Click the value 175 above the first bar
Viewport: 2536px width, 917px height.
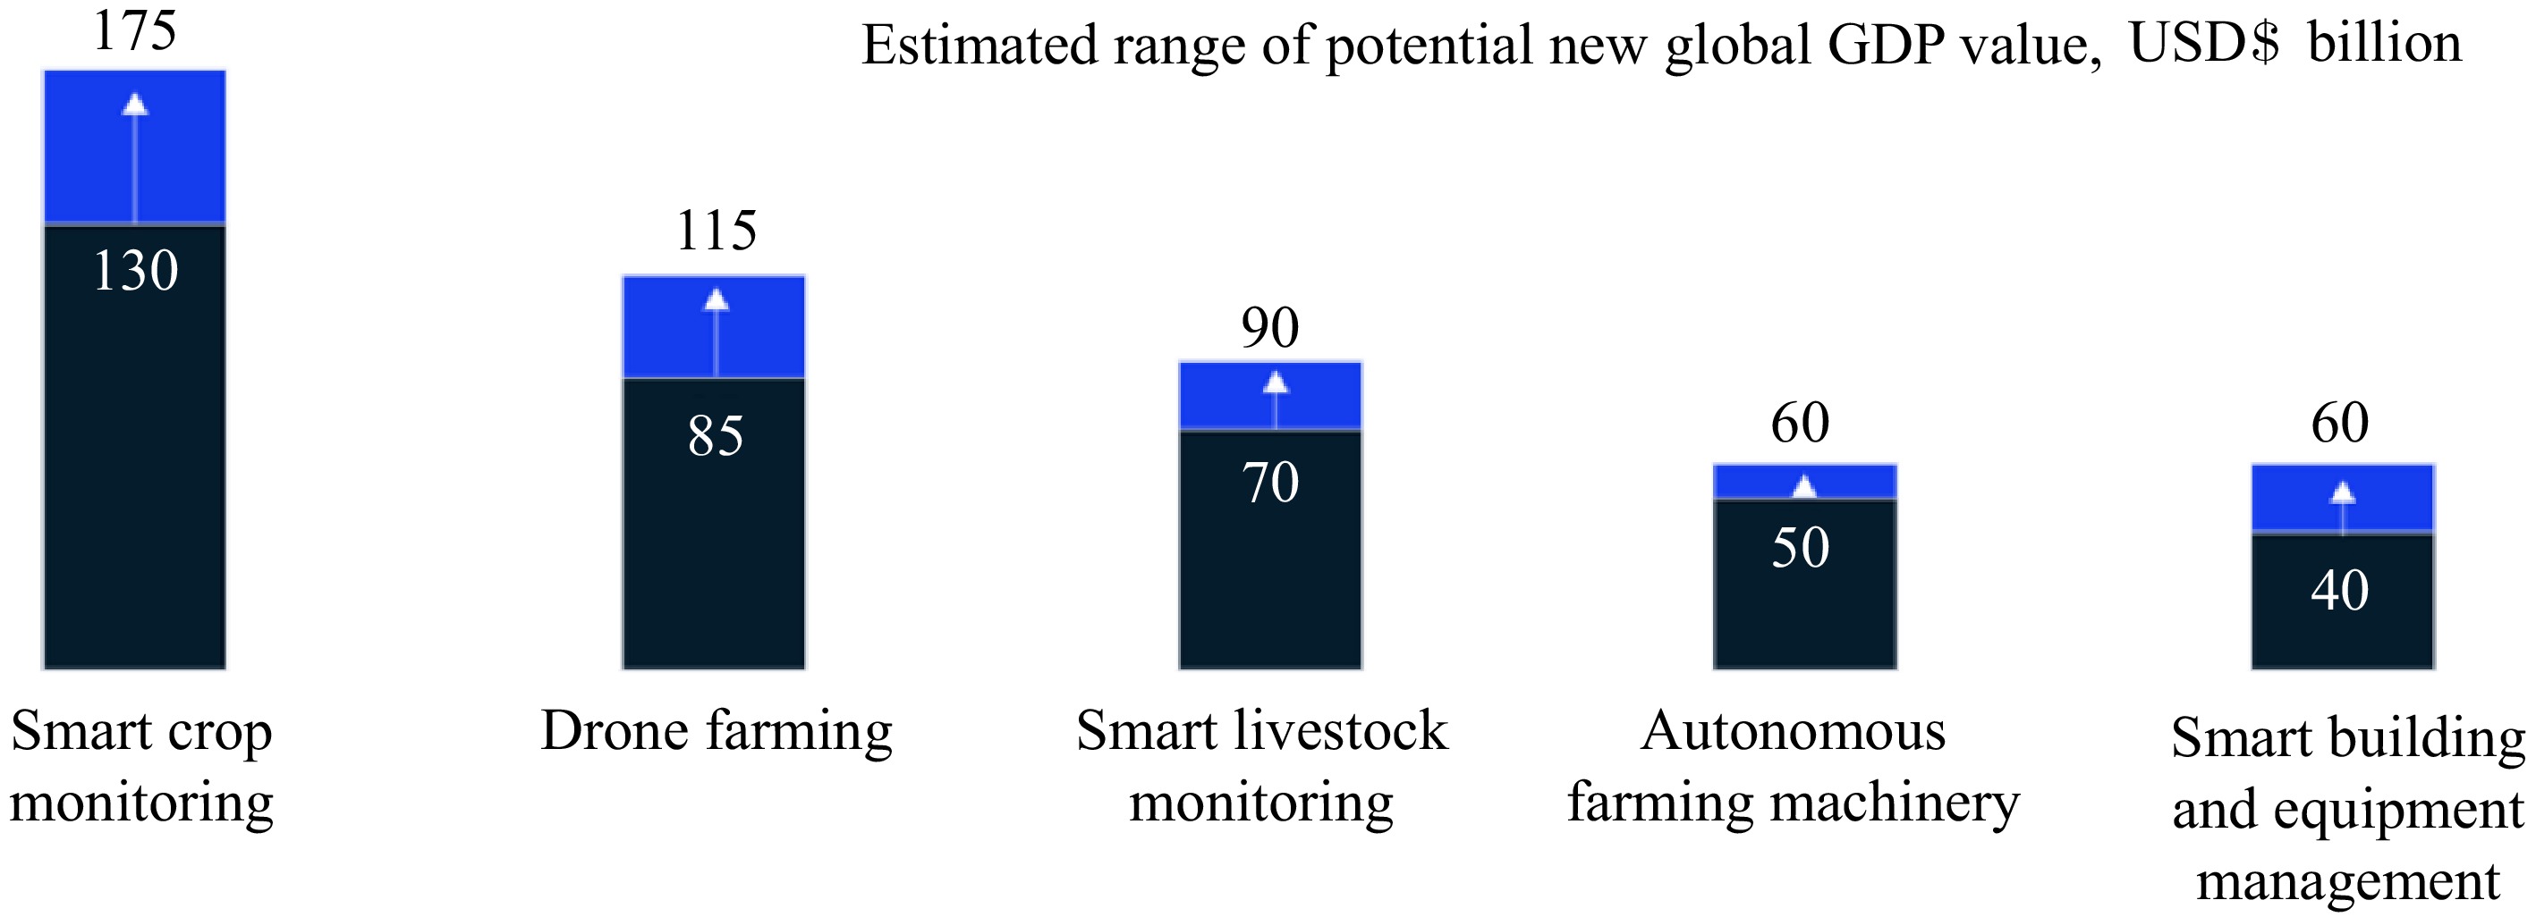[135, 30]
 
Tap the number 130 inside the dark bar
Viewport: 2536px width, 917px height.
[136, 271]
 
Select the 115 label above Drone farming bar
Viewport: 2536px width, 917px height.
[716, 231]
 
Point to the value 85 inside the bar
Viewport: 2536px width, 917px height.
[716, 436]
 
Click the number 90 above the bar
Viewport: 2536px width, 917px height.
[1270, 328]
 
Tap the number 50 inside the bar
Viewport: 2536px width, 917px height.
[1801, 548]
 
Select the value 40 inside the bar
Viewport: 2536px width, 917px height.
[2340, 592]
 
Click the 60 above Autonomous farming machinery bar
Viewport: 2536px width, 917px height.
[1801, 423]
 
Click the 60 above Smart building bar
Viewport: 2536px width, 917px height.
[2340, 423]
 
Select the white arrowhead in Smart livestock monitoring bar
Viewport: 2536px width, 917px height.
[1276, 383]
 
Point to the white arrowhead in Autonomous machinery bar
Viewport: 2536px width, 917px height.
[1804, 486]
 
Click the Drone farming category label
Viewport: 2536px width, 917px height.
[716, 732]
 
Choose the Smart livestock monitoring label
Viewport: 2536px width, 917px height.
[1261, 767]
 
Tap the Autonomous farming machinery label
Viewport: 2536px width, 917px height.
[1793, 767]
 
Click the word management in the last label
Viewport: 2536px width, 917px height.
[2348, 880]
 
